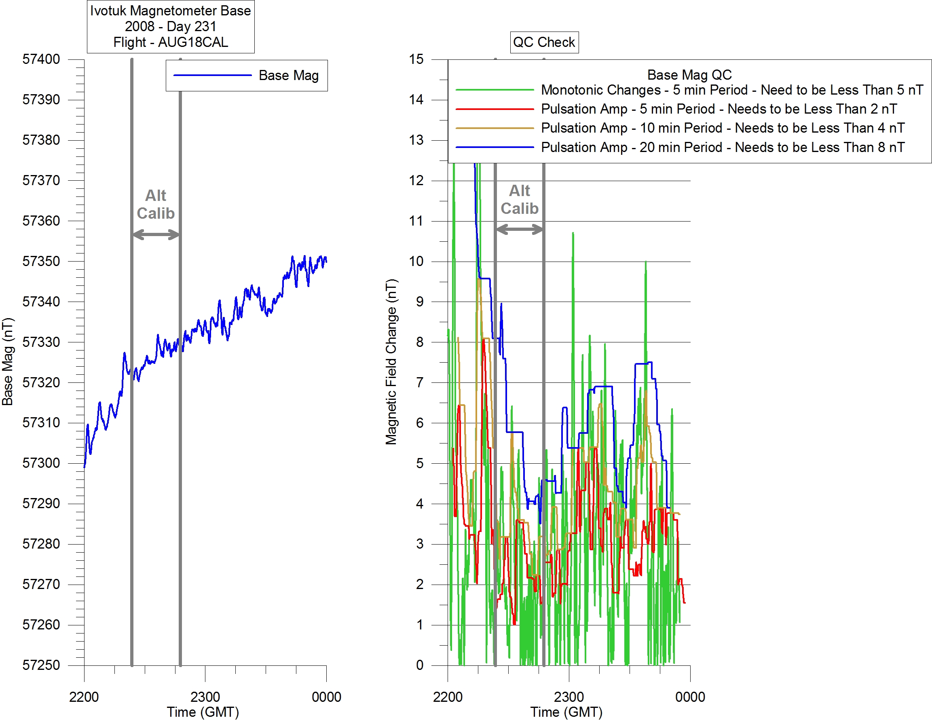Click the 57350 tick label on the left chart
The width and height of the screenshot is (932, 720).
click(41, 261)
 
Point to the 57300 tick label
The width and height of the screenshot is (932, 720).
click(41, 463)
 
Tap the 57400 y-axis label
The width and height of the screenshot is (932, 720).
click(41, 59)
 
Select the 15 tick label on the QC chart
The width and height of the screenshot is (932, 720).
click(416, 59)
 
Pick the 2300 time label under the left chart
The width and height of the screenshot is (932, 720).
click(205, 697)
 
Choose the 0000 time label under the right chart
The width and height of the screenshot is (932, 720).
click(690, 697)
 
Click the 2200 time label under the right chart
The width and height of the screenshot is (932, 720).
click(448, 697)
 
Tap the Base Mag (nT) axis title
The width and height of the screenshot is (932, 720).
click(8, 362)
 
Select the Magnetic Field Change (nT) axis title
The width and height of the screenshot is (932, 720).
click(391, 362)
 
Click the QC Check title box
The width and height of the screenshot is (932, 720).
click(544, 42)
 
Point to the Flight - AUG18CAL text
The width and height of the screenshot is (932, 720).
click(171, 42)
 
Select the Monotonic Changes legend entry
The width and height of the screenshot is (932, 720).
click(731, 90)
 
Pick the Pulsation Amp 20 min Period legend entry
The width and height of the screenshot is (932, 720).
click(723, 147)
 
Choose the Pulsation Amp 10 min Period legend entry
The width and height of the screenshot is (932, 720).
click(723, 128)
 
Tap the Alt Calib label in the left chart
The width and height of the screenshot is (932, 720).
click(156, 204)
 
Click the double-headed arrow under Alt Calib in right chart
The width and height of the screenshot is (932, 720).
click(519, 229)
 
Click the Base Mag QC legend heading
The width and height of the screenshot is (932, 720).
click(689, 75)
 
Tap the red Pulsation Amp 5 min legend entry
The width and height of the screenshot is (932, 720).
click(719, 109)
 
